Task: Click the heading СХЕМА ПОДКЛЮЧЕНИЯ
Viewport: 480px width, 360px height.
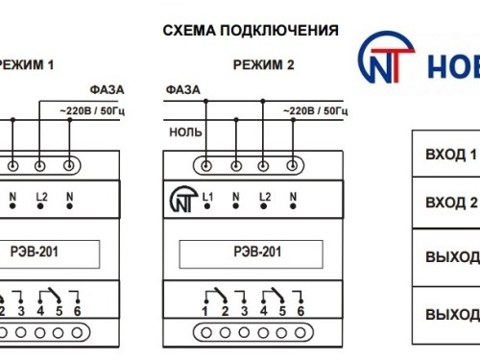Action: click(251, 31)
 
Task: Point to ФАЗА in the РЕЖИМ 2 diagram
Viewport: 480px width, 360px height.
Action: click(183, 89)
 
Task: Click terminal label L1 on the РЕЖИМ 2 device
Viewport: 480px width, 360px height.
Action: click(206, 197)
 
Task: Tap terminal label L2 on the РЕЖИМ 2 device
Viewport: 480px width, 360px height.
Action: click(264, 197)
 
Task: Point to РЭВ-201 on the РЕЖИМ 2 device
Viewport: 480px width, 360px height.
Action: click(259, 253)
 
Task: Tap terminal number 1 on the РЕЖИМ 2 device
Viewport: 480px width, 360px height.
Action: click(205, 310)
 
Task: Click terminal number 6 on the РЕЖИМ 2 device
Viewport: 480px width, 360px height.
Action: click(300, 310)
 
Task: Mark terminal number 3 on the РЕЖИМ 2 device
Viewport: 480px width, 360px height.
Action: click(244, 310)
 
